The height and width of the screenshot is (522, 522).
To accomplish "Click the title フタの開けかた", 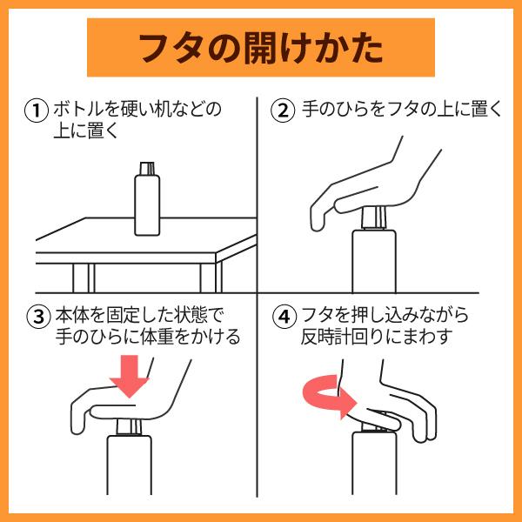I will [x=260, y=48].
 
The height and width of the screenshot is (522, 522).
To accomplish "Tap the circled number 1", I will [x=37, y=111].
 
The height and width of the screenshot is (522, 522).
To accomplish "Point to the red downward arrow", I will [x=131, y=374].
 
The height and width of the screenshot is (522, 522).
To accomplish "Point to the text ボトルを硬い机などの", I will [x=137, y=111].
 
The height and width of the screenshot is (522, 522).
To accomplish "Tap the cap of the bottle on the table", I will [x=147, y=167].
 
